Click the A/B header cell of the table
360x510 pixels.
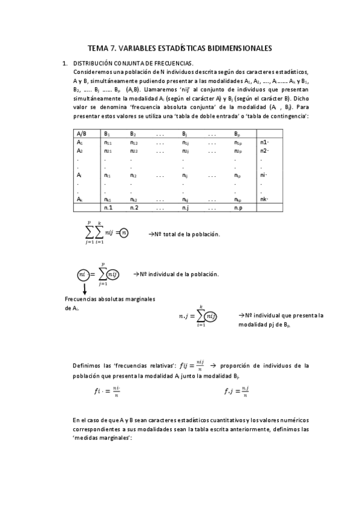click(x=82, y=134)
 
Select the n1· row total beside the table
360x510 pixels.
click(x=264, y=143)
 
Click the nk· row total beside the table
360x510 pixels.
click(x=264, y=199)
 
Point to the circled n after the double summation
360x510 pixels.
click(x=123, y=233)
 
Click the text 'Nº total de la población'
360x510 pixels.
click(x=184, y=234)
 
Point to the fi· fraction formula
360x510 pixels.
click(x=105, y=392)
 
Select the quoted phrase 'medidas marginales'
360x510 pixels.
click(x=101, y=438)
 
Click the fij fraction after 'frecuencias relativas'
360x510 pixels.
click(x=192, y=366)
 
